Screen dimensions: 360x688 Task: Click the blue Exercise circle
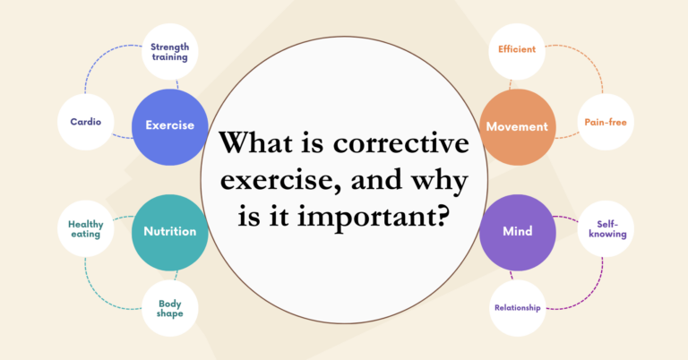(169, 126)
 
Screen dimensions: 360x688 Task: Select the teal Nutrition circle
(170, 231)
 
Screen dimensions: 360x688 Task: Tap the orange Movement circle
(517, 126)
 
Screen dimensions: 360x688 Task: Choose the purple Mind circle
(517, 231)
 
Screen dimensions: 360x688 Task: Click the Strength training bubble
(170, 52)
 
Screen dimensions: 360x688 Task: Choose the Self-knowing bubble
(603, 229)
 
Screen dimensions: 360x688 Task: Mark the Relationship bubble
(517, 308)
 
